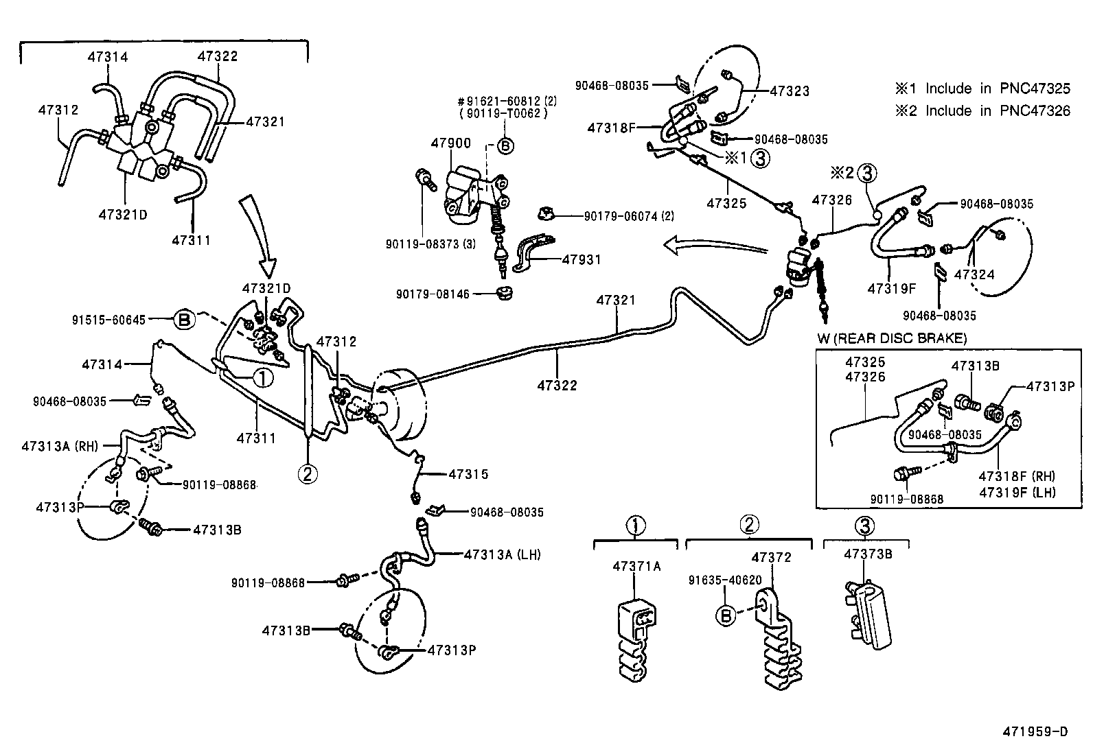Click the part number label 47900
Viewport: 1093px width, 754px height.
450,143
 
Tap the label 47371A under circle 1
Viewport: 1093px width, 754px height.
636,566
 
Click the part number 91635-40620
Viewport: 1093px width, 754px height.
725,580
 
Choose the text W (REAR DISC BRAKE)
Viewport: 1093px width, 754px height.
892,338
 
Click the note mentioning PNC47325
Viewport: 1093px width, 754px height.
982,89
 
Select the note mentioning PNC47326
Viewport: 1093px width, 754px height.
982,111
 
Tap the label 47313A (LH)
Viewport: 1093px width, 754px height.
502,554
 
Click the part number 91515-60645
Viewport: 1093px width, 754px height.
108,320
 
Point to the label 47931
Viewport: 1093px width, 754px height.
582,259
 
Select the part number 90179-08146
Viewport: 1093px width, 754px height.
433,294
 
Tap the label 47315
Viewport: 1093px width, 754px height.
468,474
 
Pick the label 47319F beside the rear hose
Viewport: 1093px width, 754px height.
891,288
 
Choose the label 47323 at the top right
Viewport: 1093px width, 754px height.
789,91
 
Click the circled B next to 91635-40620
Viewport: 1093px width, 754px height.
725,615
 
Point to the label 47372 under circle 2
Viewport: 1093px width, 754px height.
771,557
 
